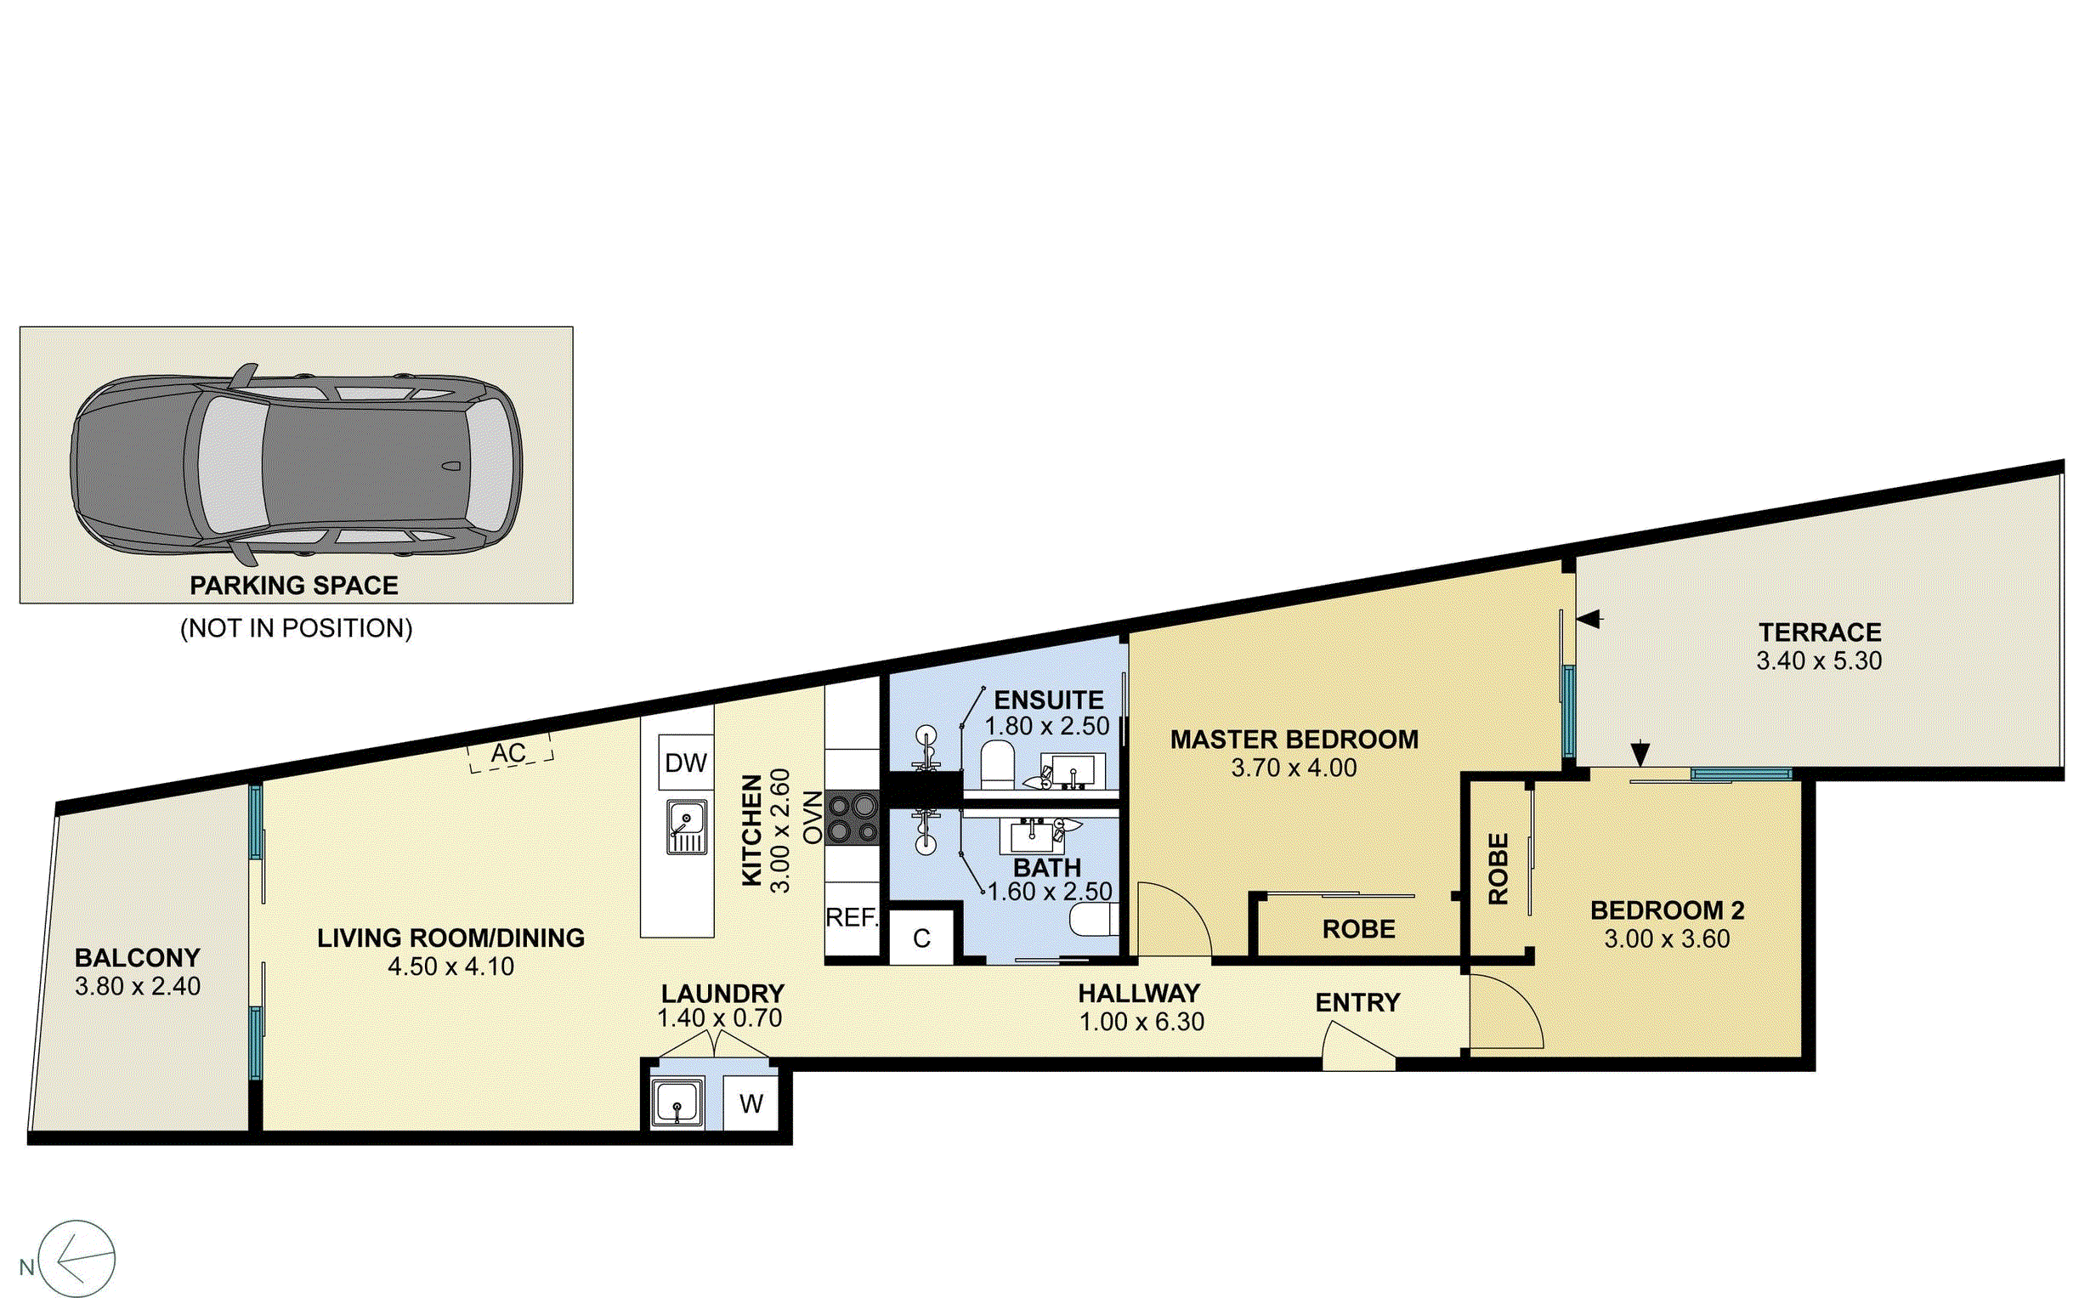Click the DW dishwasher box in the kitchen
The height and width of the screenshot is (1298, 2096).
pyautogui.click(x=686, y=762)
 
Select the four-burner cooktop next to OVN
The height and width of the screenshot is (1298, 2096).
pyautogui.click(x=853, y=818)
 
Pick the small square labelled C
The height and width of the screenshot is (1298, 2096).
pyautogui.click(x=921, y=938)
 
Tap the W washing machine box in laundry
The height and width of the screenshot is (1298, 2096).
pyautogui.click(x=751, y=1104)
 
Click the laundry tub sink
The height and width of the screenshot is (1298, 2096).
pyautogui.click(x=677, y=1102)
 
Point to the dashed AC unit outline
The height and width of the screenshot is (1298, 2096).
pyautogui.click(x=510, y=754)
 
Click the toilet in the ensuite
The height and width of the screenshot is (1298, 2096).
pyautogui.click(x=997, y=765)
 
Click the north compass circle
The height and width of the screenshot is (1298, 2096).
pyautogui.click(x=77, y=1260)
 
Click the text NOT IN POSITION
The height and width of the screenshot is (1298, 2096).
pyautogui.click(x=296, y=628)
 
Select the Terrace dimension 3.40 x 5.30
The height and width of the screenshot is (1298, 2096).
pyautogui.click(x=1818, y=661)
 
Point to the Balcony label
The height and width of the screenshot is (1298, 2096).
pyautogui.click(x=138, y=957)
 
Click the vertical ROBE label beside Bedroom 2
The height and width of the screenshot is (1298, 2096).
pyautogui.click(x=1498, y=869)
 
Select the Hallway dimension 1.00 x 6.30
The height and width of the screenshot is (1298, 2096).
pyautogui.click(x=1141, y=1022)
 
